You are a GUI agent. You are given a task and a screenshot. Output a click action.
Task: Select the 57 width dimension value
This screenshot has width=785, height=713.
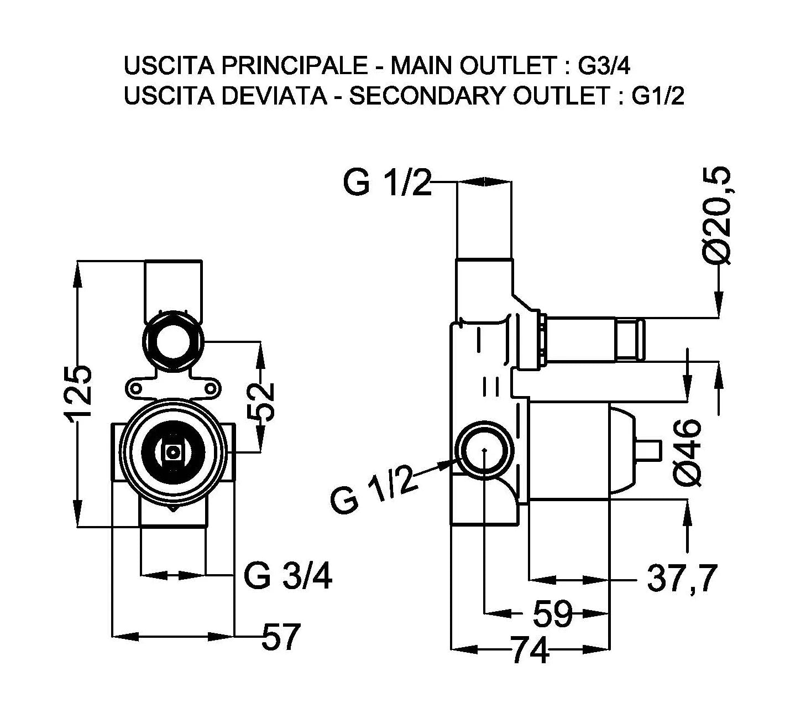click(280, 637)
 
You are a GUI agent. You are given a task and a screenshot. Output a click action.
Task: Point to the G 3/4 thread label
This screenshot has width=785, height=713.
click(288, 577)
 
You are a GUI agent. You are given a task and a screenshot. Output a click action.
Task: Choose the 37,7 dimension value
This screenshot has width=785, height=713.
click(681, 579)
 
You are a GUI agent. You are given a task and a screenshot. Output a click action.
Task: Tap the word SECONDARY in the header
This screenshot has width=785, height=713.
click(426, 96)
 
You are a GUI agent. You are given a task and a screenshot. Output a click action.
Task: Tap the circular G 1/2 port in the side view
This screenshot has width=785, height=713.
click(484, 449)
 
